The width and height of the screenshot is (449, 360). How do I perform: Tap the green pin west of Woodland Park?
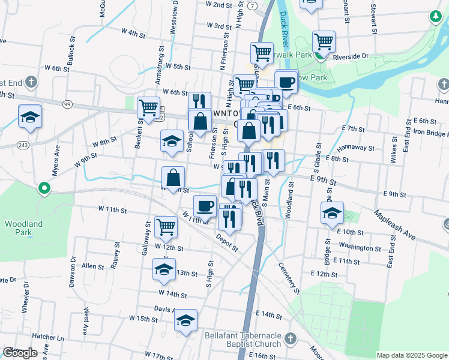[x=44, y=189]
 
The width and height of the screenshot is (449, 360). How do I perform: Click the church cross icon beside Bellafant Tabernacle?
[x=291, y=338]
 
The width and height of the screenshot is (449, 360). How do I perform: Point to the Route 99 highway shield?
[x=67, y=104]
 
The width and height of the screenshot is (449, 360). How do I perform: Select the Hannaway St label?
[x=355, y=147]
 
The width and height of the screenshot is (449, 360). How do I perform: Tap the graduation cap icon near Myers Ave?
[x=29, y=117]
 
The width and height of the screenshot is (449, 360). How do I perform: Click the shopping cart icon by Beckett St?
[x=148, y=108]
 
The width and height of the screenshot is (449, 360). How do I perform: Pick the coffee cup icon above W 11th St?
[x=205, y=206]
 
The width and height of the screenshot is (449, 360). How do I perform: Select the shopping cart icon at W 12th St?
[x=166, y=227]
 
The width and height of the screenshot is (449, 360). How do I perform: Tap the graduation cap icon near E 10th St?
[x=332, y=214]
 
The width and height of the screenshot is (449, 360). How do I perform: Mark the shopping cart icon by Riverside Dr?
[x=324, y=41]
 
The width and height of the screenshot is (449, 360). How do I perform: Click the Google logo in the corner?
[x=20, y=353]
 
